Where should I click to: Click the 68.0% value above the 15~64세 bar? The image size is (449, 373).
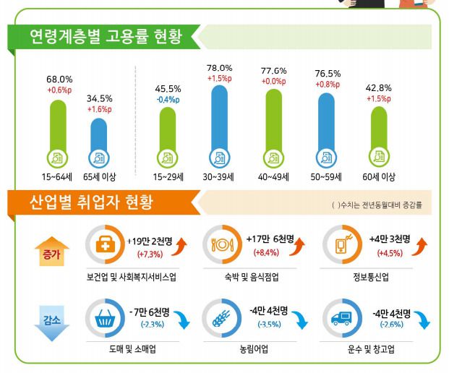[x=59, y=79]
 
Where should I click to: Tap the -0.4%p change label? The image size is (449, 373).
[x=167, y=100]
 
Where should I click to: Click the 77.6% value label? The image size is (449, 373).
[x=273, y=71]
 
